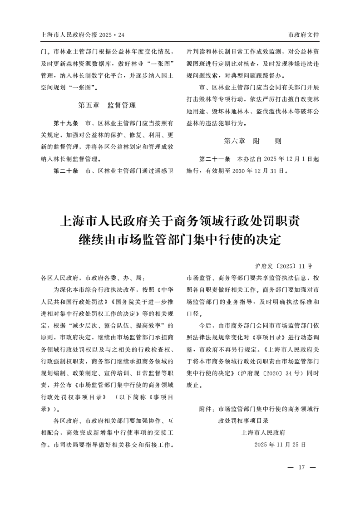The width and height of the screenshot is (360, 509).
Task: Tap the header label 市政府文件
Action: pyautogui.click(x=303, y=35)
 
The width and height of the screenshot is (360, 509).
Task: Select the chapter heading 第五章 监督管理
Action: pyautogui.click(x=107, y=105)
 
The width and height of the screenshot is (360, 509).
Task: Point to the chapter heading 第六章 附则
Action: pyautogui.click(x=252, y=141)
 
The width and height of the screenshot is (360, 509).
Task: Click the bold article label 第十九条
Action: pyautogui.click(x=66, y=123)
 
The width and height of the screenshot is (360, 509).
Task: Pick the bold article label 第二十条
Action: pyautogui.click(x=66, y=171)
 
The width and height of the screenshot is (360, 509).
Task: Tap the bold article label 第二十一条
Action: pyautogui.click(x=214, y=159)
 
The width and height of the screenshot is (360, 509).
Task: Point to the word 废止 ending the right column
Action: pyautogui.click(x=193, y=385)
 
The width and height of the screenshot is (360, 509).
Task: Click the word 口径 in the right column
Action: pyautogui.click(x=193, y=313)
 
